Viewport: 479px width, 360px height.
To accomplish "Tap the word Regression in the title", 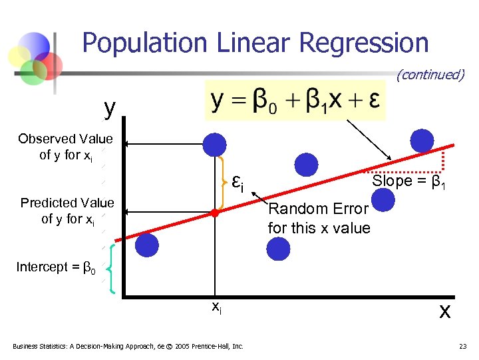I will click(364, 43).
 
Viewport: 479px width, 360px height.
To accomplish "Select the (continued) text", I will click(430, 75).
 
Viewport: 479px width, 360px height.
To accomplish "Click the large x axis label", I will click(444, 311).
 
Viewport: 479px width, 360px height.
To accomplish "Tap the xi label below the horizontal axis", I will click(216, 307).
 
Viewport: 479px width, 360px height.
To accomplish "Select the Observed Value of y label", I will click(65, 147).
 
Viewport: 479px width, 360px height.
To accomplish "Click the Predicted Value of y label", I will click(67, 211).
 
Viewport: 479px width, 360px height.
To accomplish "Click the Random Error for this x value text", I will click(319, 219).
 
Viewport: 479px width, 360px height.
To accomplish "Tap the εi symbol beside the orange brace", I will click(238, 182).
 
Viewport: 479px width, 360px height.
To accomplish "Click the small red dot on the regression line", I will click(214, 213).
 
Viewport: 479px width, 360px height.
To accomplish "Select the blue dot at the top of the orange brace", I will click(214, 143).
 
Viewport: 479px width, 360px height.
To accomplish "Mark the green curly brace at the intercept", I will click(111, 269).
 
